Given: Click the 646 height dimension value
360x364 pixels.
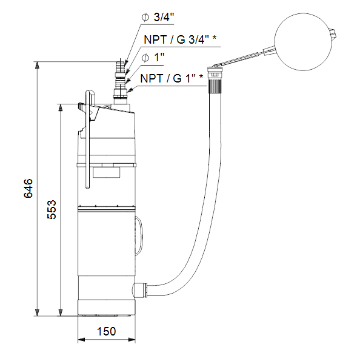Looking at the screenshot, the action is (28, 188).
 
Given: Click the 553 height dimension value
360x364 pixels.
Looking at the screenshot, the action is (52, 209).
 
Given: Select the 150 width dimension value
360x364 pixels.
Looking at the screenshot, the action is (106, 331).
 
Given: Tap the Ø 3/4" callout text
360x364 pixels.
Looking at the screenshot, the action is (158, 17).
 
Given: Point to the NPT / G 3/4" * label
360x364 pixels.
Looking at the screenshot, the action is (180, 39).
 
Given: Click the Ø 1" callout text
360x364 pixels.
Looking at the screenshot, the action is (153, 57).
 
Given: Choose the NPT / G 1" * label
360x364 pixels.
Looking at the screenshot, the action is (172, 78).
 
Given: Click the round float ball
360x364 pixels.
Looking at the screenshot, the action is (304, 42).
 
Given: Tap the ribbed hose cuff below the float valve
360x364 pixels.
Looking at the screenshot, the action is (215, 86).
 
